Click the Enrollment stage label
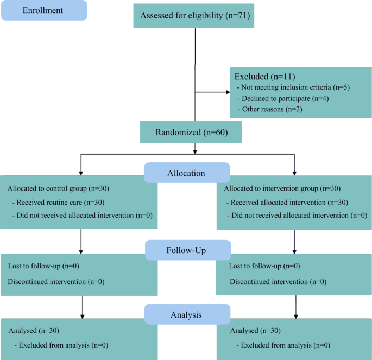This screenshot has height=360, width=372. [43, 10]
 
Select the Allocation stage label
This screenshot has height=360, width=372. [186, 173]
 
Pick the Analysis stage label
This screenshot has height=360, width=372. [186, 314]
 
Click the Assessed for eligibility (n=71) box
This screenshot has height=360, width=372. [194, 15]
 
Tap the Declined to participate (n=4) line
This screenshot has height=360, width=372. [283, 98]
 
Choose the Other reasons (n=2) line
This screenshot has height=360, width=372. [270, 109]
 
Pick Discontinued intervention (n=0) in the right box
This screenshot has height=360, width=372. [278, 281]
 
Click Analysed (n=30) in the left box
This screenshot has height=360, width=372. [34, 330]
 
